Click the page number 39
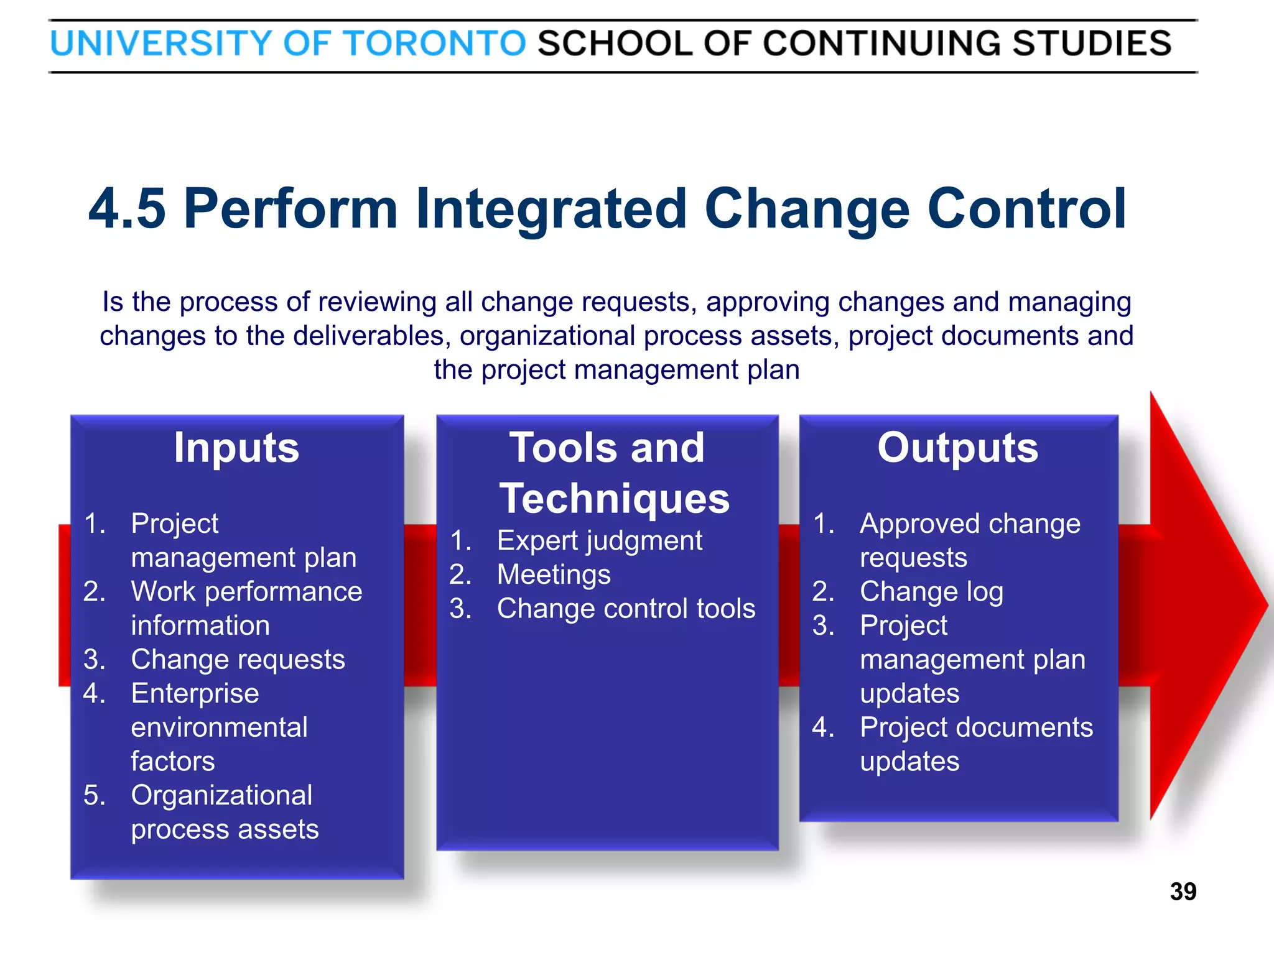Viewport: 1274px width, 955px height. (x=1183, y=892)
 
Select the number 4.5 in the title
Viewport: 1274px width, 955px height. (x=127, y=209)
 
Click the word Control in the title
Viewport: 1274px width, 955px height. (x=1026, y=209)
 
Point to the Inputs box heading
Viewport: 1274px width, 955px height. (x=236, y=448)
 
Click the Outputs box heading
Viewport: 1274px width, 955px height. (x=957, y=448)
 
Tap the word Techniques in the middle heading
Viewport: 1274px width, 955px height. (x=614, y=499)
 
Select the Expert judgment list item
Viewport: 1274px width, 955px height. (x=599, y=541)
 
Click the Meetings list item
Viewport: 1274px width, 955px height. (x=553, y=574)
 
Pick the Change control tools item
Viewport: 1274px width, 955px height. (x=626, y=609)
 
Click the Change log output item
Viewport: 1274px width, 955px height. (x=931, y=592)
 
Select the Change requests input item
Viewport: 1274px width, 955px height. (x=238, y=660)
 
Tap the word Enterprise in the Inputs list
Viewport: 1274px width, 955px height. (x=195, y=694)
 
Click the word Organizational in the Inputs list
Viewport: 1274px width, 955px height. (x=221, y=796)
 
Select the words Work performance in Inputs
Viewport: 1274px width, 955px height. (x=246, y=592)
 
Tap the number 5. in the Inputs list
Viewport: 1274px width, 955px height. (x=95, y=796)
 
